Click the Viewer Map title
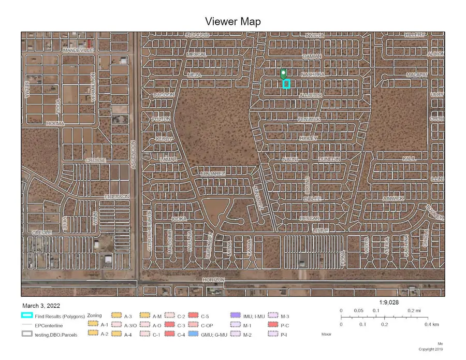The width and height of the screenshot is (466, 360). pyautogui.click(x=232, y=21)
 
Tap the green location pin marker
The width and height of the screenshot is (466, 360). pyautogui.click(x=283, y=74)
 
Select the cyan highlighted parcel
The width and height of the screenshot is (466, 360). pyautogui.click(x=286, y=84)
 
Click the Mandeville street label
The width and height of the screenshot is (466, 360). pyautogui.click(x=77, y=50)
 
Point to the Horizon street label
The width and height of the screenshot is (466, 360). pyautogui.click(x=214, y=280)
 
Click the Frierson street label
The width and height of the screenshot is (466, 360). pyautogui.click(x=116, y=197)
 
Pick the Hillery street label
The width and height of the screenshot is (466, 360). pyautogui.click(x=415, y=35)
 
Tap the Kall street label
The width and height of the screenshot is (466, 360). pyautogui.click(x=410, y=159)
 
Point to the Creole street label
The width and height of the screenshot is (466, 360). pyautogui.click(x=42, y=233)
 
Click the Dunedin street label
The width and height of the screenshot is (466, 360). pyautogui.click(x=329, y=159)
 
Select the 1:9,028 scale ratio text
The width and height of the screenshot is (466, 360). pyautogui.click(x=389, y=302)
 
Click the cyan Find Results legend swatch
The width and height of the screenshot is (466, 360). pyautogui.click(x=27, y=315)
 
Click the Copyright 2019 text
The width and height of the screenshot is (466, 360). pyautogui.click(x=431, y=350)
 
